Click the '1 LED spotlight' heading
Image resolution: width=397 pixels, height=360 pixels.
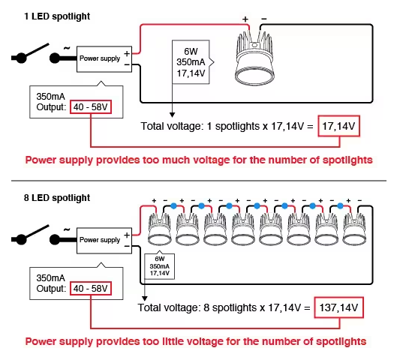coord(57,16)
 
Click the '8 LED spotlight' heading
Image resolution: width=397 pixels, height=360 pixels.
coord(57,198)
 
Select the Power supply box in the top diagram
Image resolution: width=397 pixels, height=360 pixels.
coord(104,59)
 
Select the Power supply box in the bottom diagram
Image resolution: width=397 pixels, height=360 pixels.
coord(104,241)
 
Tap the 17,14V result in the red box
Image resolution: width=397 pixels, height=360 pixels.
coord(338,126)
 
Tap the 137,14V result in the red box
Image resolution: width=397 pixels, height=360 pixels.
coord(338,307)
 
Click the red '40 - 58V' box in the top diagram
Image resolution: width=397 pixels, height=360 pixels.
coord(91,107)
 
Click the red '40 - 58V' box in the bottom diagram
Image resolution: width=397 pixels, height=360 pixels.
coord(91,289)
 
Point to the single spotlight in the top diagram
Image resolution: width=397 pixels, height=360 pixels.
coord(254,58)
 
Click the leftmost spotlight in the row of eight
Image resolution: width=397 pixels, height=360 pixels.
coord(159,229)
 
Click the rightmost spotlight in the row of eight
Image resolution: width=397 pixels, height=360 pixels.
coord(354,229)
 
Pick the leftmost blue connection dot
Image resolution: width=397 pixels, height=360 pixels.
coord(173,206)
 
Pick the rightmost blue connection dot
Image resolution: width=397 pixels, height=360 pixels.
coord(340,206)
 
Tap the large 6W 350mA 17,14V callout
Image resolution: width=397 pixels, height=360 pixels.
coord(191,62)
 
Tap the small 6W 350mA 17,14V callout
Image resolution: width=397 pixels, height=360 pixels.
coord(160,266)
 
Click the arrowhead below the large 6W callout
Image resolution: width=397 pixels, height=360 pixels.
coord(172,115)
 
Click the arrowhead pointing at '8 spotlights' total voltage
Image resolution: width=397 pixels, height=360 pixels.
coord(145,298)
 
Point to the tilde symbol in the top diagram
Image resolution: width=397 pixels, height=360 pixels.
coord(67,48)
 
